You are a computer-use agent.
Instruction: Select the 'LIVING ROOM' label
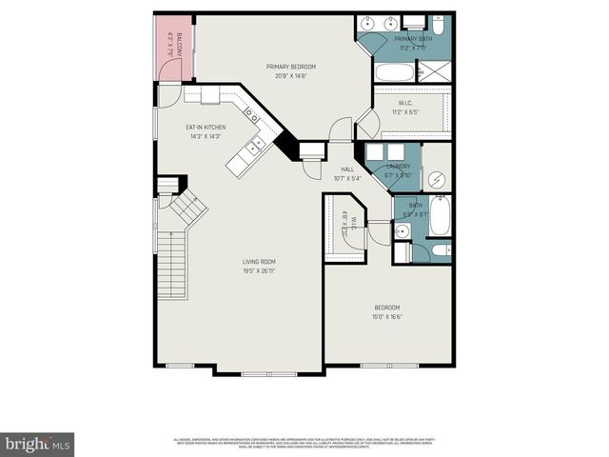[x=258, y=262]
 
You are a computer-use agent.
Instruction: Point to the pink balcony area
[x=173, y=48]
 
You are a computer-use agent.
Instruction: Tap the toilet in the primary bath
[x=415, y=22]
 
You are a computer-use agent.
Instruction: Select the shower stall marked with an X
[x=436, y=72]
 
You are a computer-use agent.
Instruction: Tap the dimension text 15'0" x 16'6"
[x=386, y=316]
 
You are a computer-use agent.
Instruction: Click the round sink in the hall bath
[x=402, y=232]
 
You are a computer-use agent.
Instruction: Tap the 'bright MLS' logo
[x=38, y=444]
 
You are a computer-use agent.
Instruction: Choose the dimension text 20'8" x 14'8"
[x=291, y=77]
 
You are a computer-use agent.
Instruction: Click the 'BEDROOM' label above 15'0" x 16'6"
[x=386, y=307]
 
